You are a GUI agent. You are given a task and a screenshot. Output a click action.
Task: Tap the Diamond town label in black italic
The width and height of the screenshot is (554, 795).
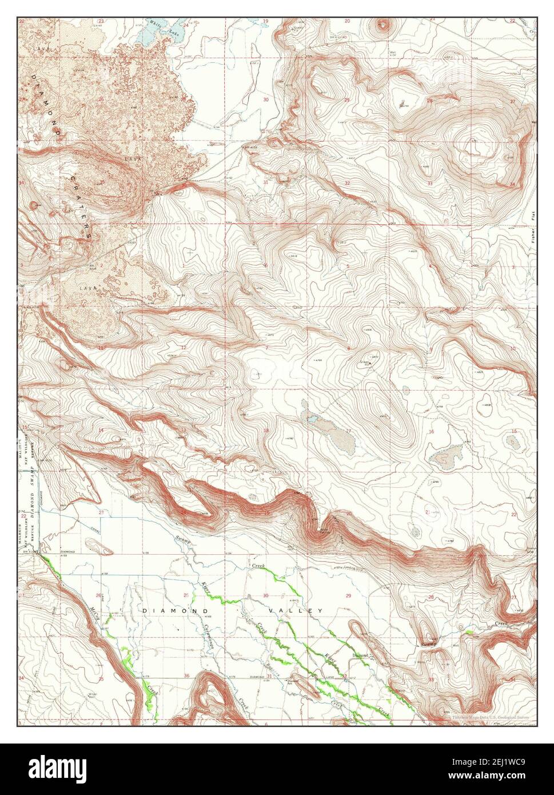pyautogui.click(x=360, y=655)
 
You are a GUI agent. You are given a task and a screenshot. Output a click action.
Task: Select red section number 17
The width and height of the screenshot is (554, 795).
pyautogui.click(x=348, y=431)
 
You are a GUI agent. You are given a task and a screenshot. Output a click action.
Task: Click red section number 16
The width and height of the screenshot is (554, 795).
pyautogui.click(x=431, y=432)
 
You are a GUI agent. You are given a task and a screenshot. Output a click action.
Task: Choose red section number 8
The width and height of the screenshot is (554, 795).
pyautogui.click(x=348, y=349)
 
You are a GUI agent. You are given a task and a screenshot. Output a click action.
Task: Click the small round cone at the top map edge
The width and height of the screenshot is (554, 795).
pyautogui.click(x=382, y=25)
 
